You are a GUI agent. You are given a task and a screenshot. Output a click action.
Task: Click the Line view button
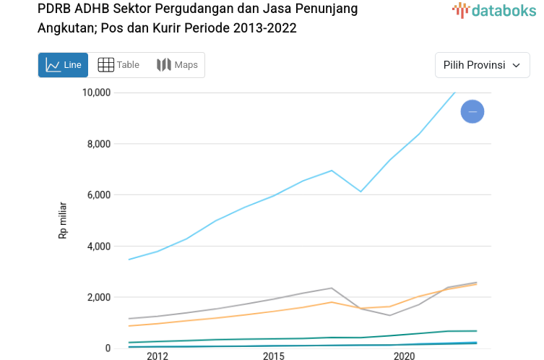[63, 65]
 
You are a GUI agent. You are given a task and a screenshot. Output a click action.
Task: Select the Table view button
[118, 65]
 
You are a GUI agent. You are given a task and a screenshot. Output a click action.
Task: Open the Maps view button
[177, 65]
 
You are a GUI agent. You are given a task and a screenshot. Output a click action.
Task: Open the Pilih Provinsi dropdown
[482, 65]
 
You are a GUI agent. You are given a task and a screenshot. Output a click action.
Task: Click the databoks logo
[494, 10]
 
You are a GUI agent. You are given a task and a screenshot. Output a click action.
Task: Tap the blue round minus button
[472, 111]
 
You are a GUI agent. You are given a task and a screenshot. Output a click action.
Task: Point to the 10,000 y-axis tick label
[95, 93]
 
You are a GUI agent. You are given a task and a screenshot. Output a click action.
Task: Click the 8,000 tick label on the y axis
[98, 144]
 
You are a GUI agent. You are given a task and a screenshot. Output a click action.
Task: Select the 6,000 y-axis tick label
[98, 195]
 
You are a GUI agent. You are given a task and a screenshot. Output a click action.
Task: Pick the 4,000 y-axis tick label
[98, 247]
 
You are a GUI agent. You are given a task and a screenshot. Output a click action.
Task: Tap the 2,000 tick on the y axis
[98, 297]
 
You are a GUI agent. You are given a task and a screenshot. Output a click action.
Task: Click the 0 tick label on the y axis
[107, 348]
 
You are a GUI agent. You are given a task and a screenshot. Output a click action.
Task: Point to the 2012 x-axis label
[157, 356]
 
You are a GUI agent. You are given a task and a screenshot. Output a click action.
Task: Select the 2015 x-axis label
[273, 356]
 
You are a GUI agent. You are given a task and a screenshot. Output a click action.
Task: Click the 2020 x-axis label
[403, 356]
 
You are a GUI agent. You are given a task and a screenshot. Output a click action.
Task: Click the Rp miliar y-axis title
[63, 220]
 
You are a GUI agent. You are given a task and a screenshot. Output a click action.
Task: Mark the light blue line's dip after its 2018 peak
[360, 192]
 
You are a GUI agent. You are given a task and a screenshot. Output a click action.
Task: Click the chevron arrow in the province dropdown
[516, 65]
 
